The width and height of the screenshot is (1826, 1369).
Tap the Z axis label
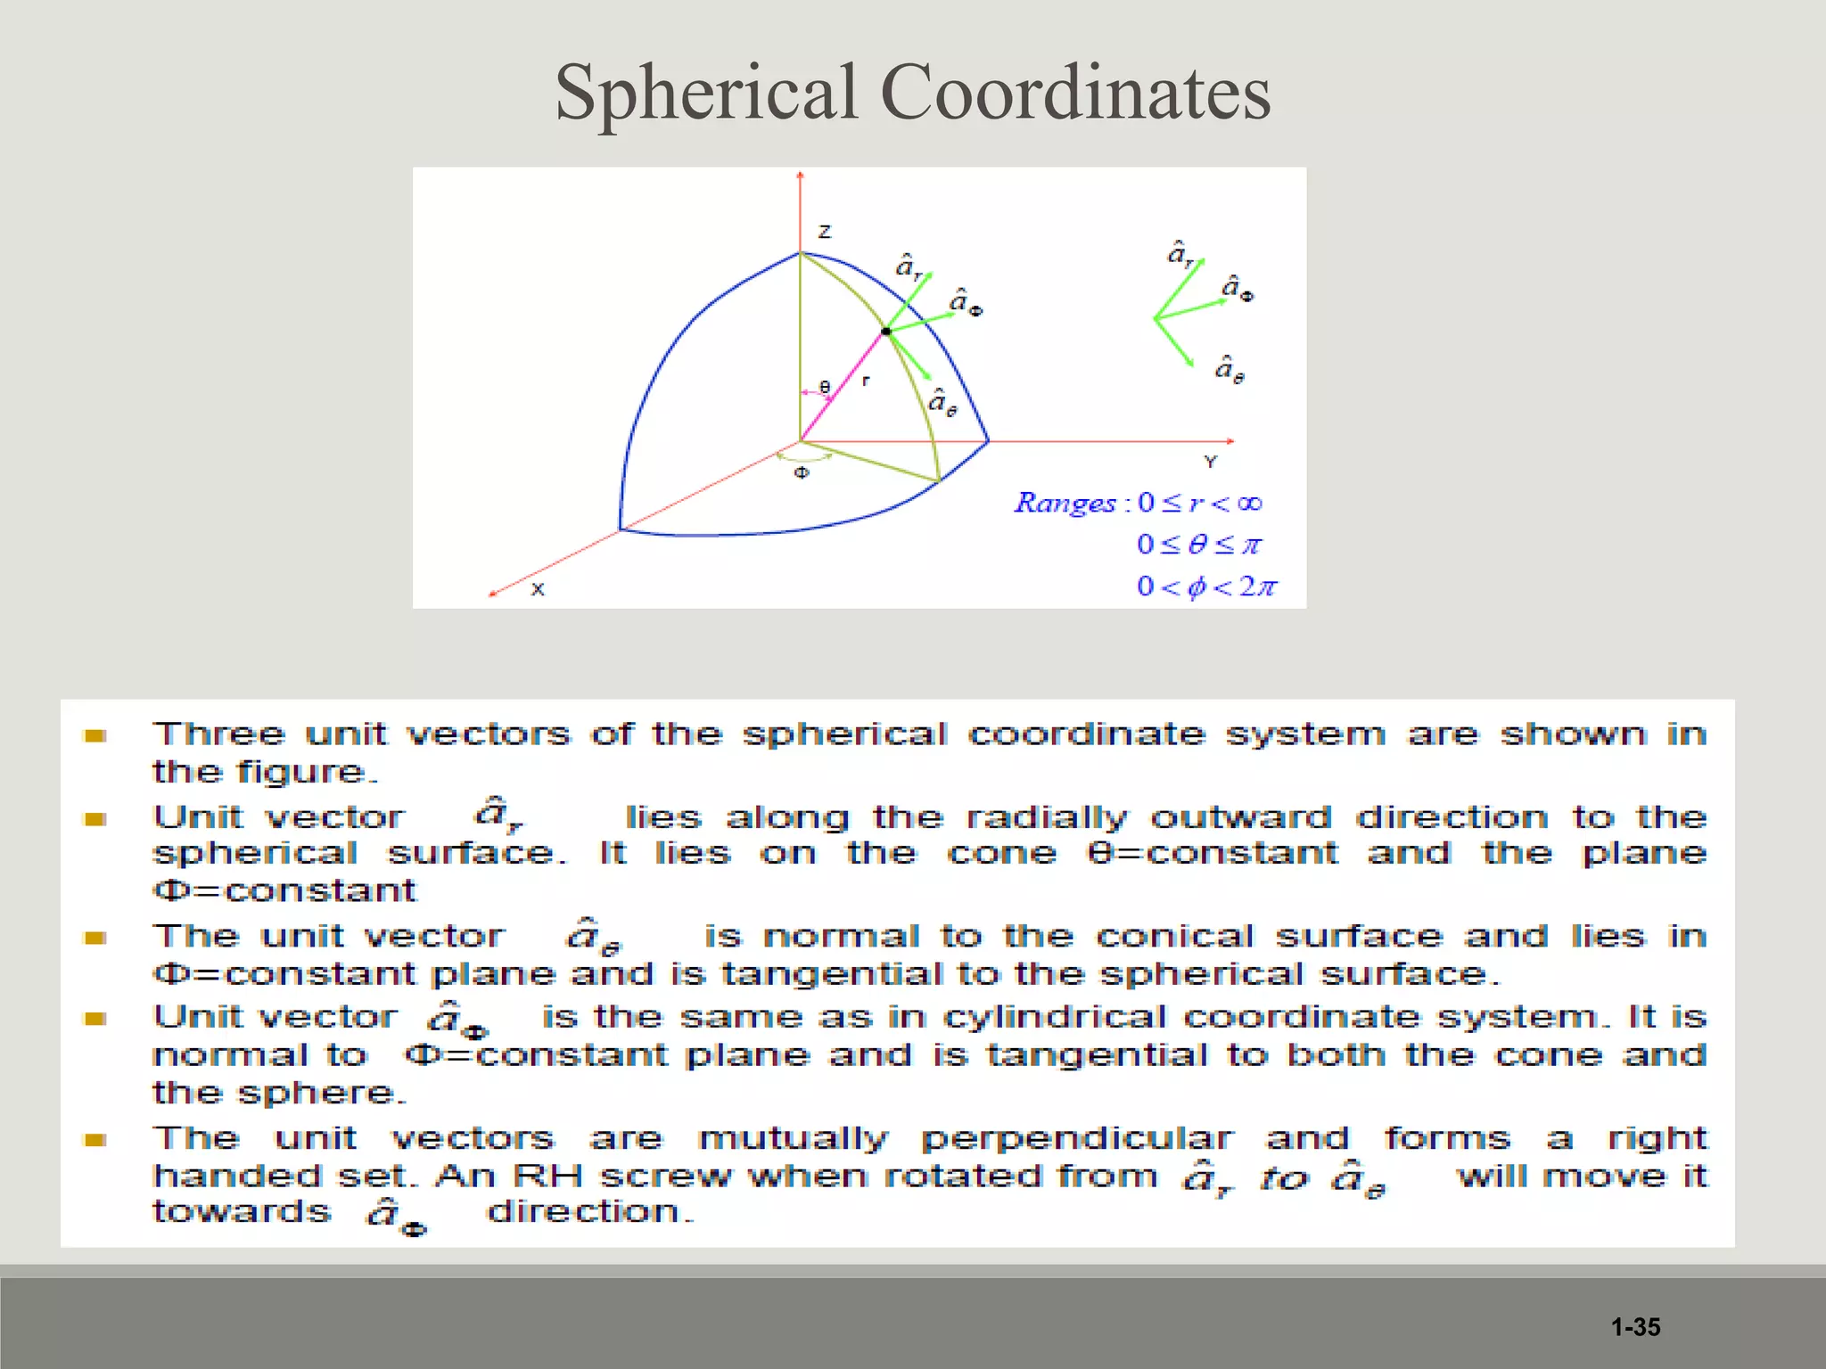click(825, 232)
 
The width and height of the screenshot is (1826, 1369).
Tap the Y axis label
click(1210, 462)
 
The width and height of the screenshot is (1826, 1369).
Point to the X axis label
click(538, 589)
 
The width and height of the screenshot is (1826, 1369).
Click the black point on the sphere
click(886, 332)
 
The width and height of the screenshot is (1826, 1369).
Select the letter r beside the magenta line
click(866, 381)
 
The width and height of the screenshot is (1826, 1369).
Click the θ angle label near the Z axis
click(825, 387)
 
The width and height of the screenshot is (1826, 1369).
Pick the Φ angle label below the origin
click(802, 472)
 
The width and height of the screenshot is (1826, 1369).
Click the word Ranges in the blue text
click(1065, 504)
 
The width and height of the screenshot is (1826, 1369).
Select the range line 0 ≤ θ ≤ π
click(1199, 545)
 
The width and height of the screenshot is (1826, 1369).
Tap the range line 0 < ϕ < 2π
click(1206, 586)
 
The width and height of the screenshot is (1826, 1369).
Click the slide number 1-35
click(1635, 1327)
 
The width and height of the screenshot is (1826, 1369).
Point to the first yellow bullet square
click(95, 735)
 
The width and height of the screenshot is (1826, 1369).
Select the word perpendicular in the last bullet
click(1077, 1139)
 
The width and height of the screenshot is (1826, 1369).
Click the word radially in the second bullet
click(1047, 817)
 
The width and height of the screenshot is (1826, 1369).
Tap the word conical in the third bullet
click(1178, 937)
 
